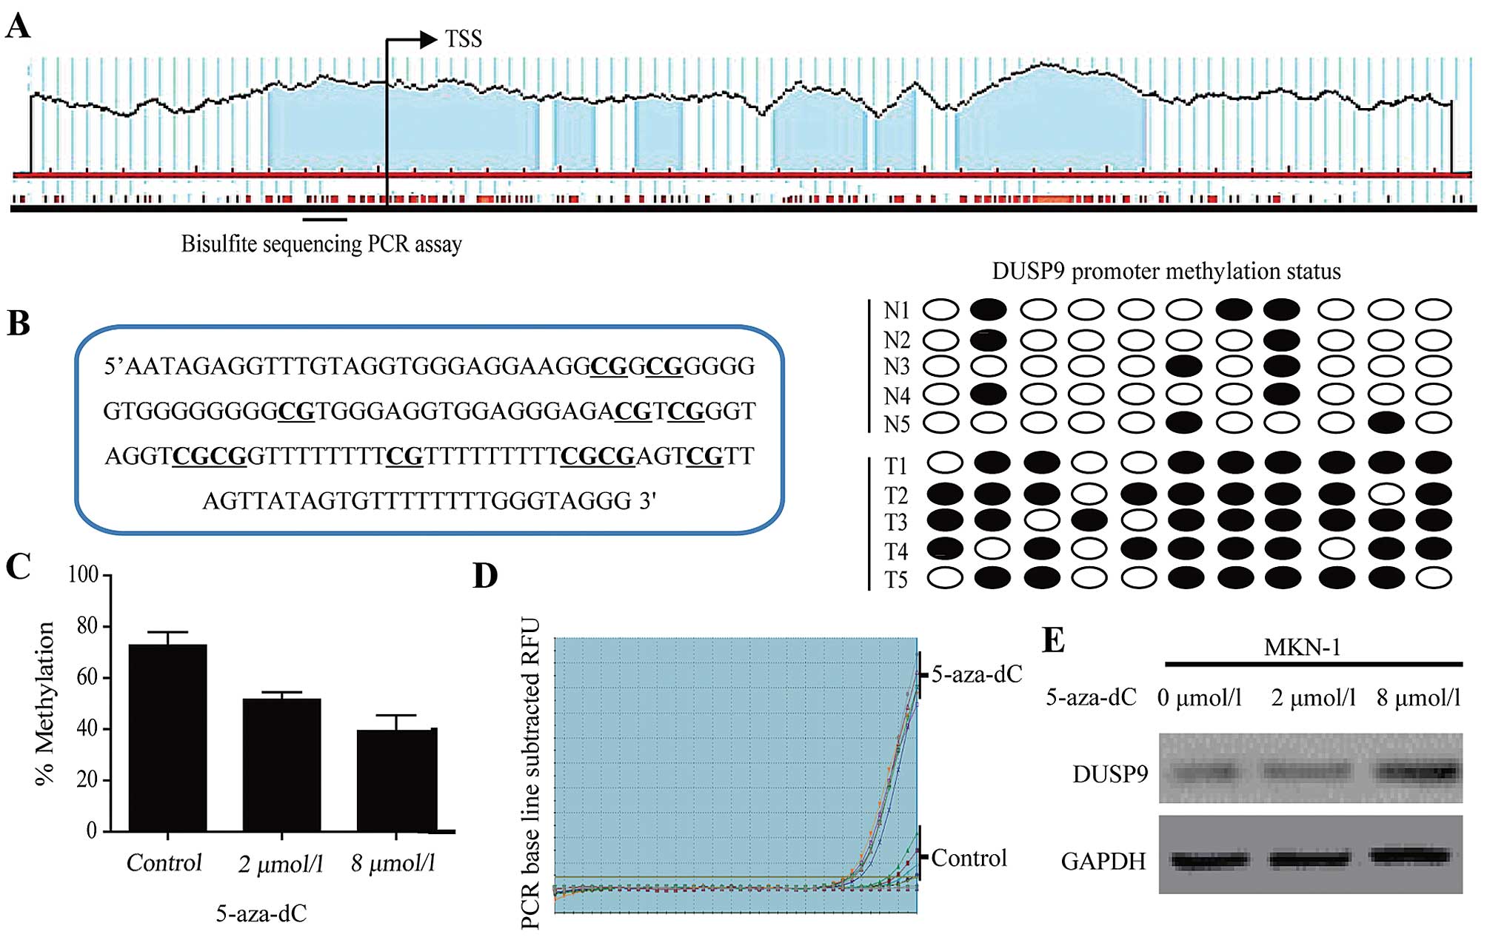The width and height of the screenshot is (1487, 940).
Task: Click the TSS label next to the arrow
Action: click(x=463, y=38)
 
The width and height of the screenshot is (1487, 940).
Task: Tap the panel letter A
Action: click(x=18, y=27)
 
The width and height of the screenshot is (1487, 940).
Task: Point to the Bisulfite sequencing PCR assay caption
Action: click(x=321, y=244)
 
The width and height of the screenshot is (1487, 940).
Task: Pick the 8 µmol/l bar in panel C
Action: click(x=396, y=780)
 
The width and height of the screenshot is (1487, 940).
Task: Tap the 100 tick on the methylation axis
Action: click(x=83, y=574)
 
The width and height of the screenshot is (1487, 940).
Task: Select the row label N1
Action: click(x=896, y=310)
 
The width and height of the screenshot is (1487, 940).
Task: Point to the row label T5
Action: click(x=896, y=579)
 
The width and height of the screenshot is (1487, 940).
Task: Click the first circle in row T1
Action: click(x=945, y=463)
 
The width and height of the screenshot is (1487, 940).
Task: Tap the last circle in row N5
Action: click(x=1434, y=423)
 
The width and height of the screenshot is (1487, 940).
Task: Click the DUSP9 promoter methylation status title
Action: click(x=1166, y=272)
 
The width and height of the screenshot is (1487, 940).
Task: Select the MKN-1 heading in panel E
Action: click(x=1302, y=648)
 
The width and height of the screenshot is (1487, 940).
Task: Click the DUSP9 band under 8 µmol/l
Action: click(x=1417, y=772)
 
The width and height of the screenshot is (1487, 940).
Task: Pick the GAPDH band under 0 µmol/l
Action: click(x=1209, y=859)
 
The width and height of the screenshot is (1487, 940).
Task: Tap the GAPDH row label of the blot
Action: click(x=1103, y=861)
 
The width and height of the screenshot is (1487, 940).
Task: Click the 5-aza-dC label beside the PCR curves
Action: click(x=976, y=674)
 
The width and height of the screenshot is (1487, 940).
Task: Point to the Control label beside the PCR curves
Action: click(x=969, y=858)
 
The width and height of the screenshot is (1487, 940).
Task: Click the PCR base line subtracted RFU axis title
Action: click(x=530, y=773)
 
